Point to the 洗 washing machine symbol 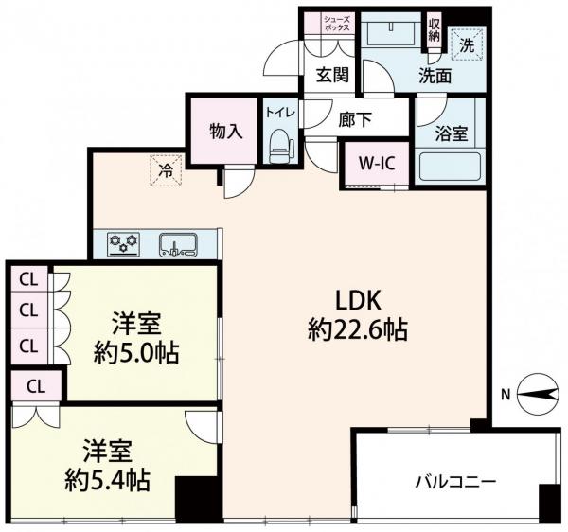[x=466, y=43]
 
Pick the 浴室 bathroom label [x=451, y=133]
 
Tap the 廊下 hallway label [x=354, y=119]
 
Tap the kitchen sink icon [x=178, y=245]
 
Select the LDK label [x=358, y=300]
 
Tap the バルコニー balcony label [x=454, y=481]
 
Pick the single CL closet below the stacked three [x=35, y=385]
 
